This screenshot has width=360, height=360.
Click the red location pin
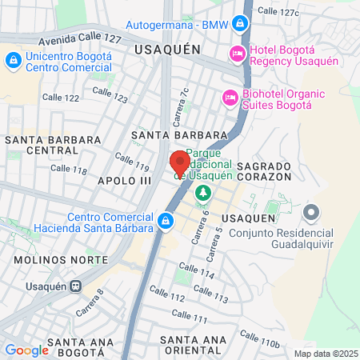(179, 163)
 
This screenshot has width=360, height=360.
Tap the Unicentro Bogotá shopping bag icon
(14, 60)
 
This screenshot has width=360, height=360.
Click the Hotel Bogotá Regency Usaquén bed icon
(237, 54)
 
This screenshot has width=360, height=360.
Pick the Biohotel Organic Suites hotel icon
(230, 97)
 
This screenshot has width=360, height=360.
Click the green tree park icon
(203, 193)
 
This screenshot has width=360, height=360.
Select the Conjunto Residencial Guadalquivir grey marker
(311, 213)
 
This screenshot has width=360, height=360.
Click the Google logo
(26, 350)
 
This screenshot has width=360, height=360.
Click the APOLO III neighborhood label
(124, 181)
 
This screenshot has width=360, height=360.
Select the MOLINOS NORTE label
(61, 260)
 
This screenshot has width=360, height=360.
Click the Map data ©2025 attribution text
(325, 353)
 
